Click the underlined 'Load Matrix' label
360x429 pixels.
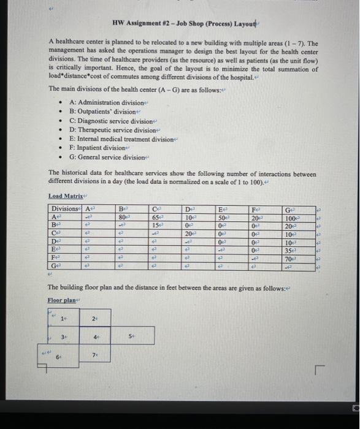(x=64, y=196)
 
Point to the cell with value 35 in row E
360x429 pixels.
(x=288, y=250)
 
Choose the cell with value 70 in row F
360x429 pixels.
(x=288, y=259)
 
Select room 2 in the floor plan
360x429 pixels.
(x=94, y=319)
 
